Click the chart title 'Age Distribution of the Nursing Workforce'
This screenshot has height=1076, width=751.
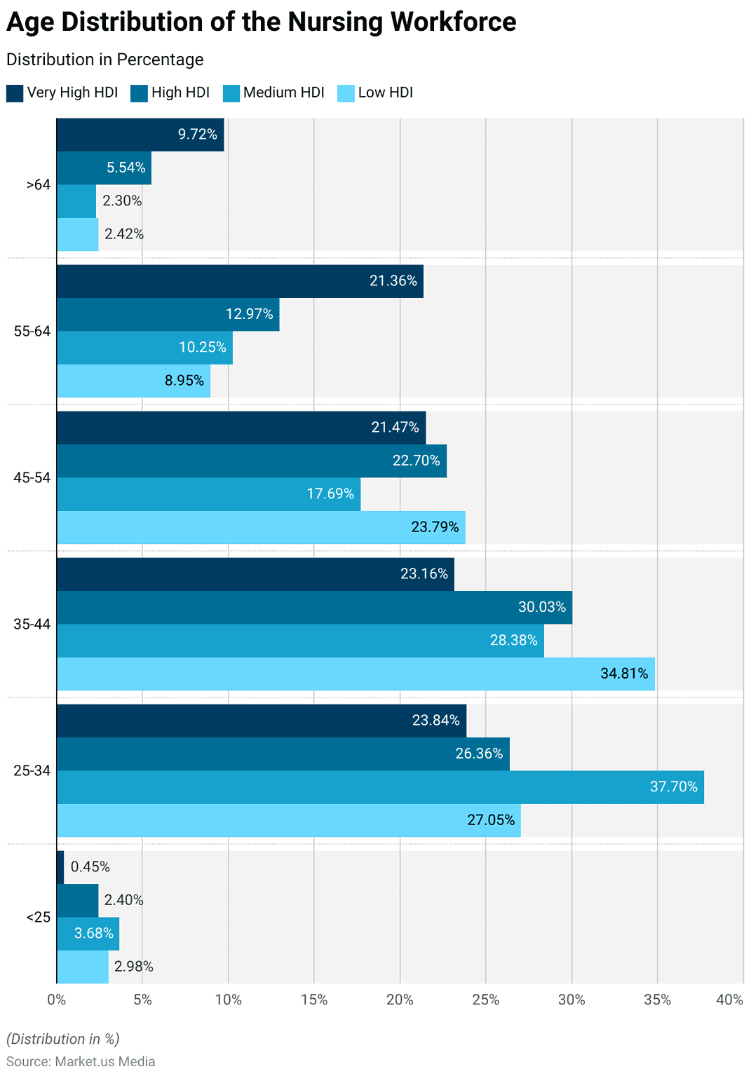[x=261, y=22]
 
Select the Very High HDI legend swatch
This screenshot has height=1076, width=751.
[x=15, y=93]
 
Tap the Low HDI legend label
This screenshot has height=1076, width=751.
[x=385, y=93]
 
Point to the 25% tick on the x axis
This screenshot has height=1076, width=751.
[x=485, y=1000]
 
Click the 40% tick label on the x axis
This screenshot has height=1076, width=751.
[x=729, y=1000]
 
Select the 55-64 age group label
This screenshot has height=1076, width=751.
[x=32, y=331]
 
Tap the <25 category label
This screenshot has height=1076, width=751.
[x=38, y=917]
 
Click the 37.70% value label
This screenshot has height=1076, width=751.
[x=673, y=786]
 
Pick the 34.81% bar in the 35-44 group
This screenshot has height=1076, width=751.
[x=356, y=674]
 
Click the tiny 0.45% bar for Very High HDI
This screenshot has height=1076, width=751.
[x=60, y=867]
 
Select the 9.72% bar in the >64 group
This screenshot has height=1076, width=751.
[x=140, y=135]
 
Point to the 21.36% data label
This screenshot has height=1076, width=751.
[x=393, y=281]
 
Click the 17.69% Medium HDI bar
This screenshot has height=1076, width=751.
[x=208, y=494]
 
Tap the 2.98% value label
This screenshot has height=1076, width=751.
[x=133, y=967]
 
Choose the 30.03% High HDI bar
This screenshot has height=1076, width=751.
[x=314, y=607]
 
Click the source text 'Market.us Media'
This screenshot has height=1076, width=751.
[x=104, y=1061]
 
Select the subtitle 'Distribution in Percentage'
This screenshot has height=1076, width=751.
[x=104, y=60]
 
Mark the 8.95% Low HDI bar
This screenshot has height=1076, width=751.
[x=133, y=381]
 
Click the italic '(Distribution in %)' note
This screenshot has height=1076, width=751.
[x=62, y=1039]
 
